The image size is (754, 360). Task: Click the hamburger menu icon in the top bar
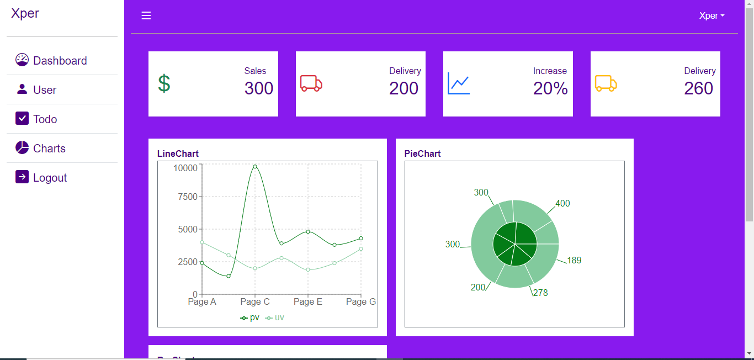pos(146,15)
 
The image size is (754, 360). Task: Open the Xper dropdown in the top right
pos(711,15)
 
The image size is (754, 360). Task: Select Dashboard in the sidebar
pos(60,61)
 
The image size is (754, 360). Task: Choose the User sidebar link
pos(44,90)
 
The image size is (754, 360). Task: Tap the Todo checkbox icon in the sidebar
pos(22,119)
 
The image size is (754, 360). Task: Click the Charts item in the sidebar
pos(49,149)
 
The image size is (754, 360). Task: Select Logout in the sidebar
pos(50,178)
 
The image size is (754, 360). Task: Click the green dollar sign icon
pos(164,83)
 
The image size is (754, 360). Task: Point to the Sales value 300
pos(259,88)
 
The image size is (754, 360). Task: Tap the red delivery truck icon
pos(311,83)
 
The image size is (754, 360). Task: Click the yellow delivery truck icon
pos(606,83)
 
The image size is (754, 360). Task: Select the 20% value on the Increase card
pos(550,88)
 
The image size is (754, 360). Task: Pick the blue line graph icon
pos(459,83)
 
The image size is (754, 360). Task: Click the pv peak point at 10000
pos(255,166)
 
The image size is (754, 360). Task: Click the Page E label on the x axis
pos(307,301)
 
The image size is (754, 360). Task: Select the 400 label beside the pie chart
pos(562,203)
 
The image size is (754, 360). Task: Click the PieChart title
pos(422,153)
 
